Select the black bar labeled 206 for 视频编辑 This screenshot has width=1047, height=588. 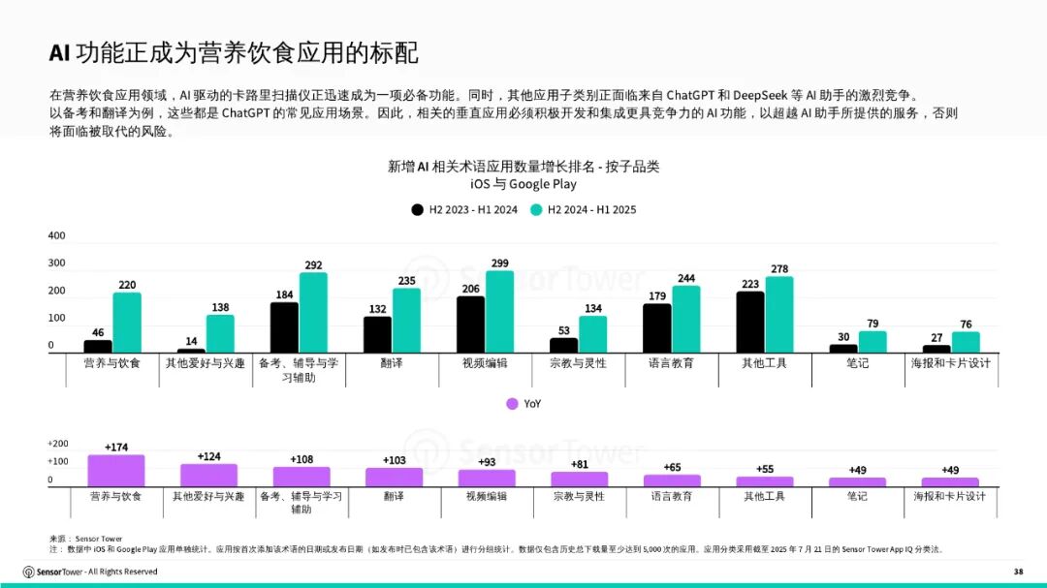(x=470, y=325)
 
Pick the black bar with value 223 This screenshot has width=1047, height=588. (x=749, y=322)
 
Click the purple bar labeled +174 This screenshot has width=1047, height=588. (x=116, y=471)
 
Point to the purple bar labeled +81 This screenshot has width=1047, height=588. (x=579, y=479)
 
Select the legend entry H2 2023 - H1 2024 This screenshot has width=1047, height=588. (x=466, y=209)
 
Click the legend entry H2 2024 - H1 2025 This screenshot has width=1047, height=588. (x=585, y=209)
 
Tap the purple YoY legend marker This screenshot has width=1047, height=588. (x=513, y=404)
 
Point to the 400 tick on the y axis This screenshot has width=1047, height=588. (x=57, y=235)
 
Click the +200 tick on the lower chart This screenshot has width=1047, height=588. (x=58, y=444)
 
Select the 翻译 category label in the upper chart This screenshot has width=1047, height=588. (x=393, y=363)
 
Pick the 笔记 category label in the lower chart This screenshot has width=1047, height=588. (x=857, y=496)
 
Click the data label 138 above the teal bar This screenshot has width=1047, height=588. (x=220, y=307)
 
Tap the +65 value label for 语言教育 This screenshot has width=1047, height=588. (x=672, y=467)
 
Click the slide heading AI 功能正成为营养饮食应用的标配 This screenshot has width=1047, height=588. (x=234, y=53)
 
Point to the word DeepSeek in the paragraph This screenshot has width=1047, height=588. (x=762, y=96)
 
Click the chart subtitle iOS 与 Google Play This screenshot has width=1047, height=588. (x=523, y=184)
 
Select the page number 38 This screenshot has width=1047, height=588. (x=1018, y=571)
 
